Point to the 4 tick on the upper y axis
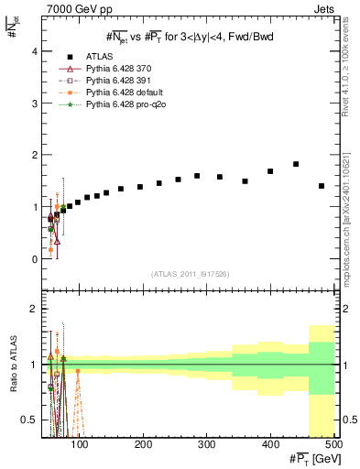coord(36,51)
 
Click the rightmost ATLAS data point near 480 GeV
coord(321,186)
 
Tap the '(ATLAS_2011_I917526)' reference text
coord(190,273)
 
